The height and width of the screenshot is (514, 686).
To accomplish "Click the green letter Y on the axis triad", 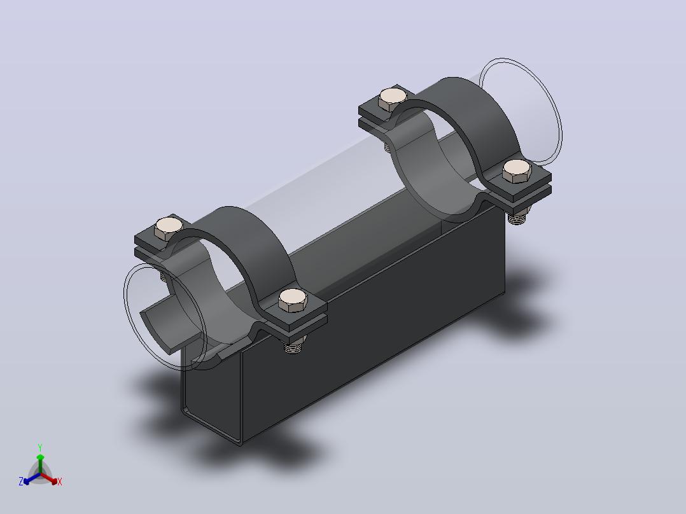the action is coord(40,447).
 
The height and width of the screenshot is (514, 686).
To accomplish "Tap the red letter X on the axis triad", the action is coord(60,482).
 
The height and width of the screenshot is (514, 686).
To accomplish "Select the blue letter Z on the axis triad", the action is coord(21,481).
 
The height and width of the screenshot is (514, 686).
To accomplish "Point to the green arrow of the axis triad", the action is coord(40,463).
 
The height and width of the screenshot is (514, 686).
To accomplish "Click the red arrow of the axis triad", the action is coord(50,478).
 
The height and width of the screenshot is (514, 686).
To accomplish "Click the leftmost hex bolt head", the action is coord(169,229).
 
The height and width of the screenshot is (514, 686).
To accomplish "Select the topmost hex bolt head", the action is coord(393,99).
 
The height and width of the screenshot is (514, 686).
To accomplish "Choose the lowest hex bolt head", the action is coord(293,300).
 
